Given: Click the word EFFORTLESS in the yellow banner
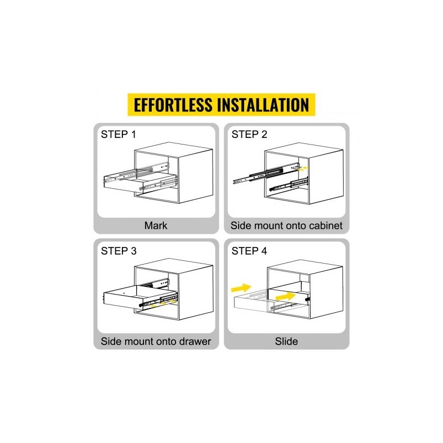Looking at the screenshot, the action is tap(173, 105).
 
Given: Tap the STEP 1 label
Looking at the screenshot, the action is tap(119, 134).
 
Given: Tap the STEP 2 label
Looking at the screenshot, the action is tap(249, 134).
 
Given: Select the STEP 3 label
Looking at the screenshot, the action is tap(119, 251).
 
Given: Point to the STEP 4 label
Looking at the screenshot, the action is tap(249, 251).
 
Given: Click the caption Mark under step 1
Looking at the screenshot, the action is tap(156, 225).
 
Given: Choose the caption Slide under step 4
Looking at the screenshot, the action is tap(286, 341).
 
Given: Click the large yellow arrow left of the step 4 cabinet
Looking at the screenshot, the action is tap(241, 288).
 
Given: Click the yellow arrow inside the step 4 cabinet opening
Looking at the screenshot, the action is tap(286, 296).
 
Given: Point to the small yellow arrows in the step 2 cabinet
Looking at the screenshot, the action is tap(303, 169).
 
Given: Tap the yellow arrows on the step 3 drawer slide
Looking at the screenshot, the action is tap(163, 303).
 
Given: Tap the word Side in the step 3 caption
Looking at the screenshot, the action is tap(110, 341).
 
